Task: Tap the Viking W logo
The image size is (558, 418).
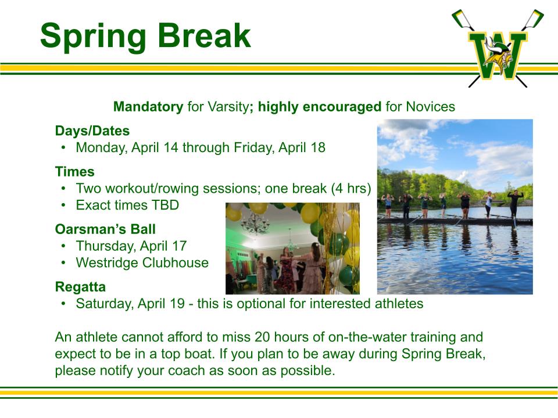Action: pyautogui.click(x=498, y=48)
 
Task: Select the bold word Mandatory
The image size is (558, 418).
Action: pyautogui.click(x=148, y=107)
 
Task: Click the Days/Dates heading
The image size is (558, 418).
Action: pyautogui.click(x=92, y=131)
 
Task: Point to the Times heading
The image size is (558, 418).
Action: pyautogui.click(x=75, y=172)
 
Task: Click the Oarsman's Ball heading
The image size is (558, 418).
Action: pyautogui.click(x=105, y=229)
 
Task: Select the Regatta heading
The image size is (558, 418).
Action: pyautogui.click(x=80, y=287)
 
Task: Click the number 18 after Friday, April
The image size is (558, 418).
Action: pyautogui.click(x=318, y=147)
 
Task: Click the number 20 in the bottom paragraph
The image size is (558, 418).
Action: pyautogui.click(x=262, y=337)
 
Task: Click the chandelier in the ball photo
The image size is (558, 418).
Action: pyautogui.click(x=255, y=224)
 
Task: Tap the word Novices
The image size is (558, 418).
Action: pyautogui.click(x=430, y=107)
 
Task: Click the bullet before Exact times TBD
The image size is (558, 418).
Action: pyautogui.click(x=63, y=206)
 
